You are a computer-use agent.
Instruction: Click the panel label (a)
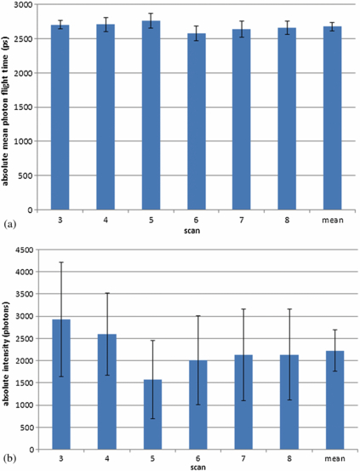pos(8,225)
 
